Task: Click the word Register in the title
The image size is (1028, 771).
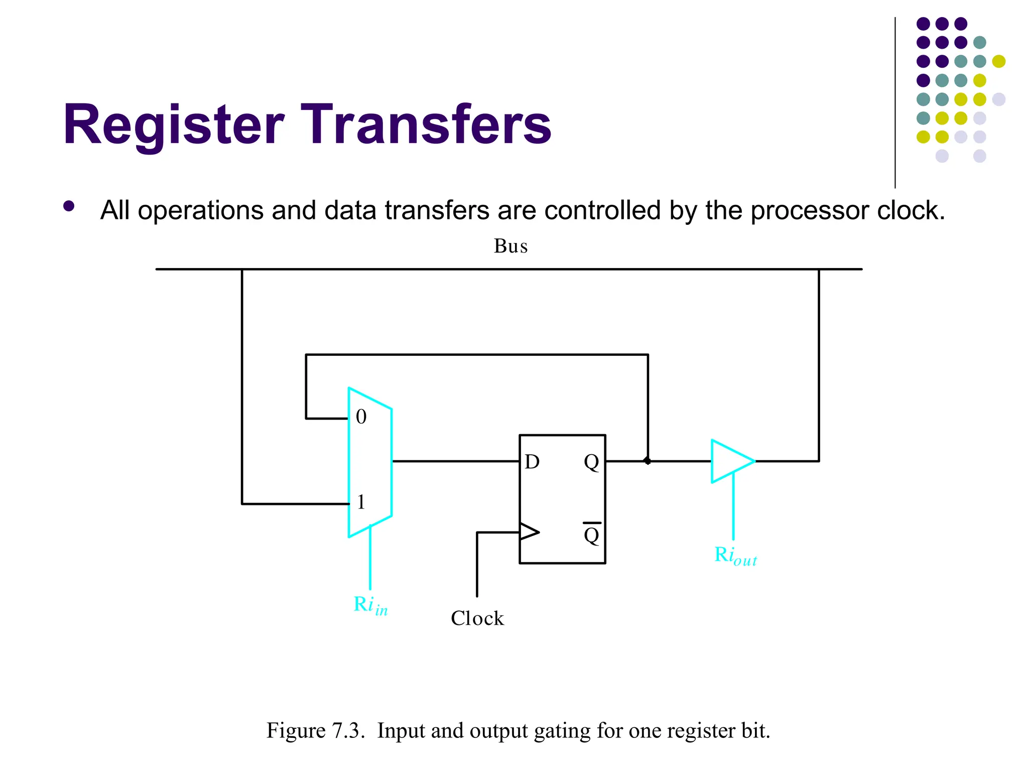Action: coord(173,124)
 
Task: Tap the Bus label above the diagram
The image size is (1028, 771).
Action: coord(510,246)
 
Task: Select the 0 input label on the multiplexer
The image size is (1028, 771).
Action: coord(361,417)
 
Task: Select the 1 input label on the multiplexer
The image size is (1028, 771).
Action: coord(361,502)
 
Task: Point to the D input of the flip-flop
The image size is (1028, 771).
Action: coord(532,462)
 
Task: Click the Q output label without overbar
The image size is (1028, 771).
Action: coord(591,462)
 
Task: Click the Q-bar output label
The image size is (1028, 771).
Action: coord(592,534)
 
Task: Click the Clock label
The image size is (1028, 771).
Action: coord(477,618)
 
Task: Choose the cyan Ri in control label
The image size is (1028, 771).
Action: coord(370,605)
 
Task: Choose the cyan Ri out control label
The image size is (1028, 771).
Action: coord(735,556)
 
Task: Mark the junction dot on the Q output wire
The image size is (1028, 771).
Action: coord(648,461)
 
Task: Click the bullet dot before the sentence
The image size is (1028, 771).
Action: coord(69,206)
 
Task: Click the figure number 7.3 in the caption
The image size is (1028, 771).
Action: coord(347,731)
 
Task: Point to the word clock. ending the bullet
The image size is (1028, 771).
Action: coord(911,210)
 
